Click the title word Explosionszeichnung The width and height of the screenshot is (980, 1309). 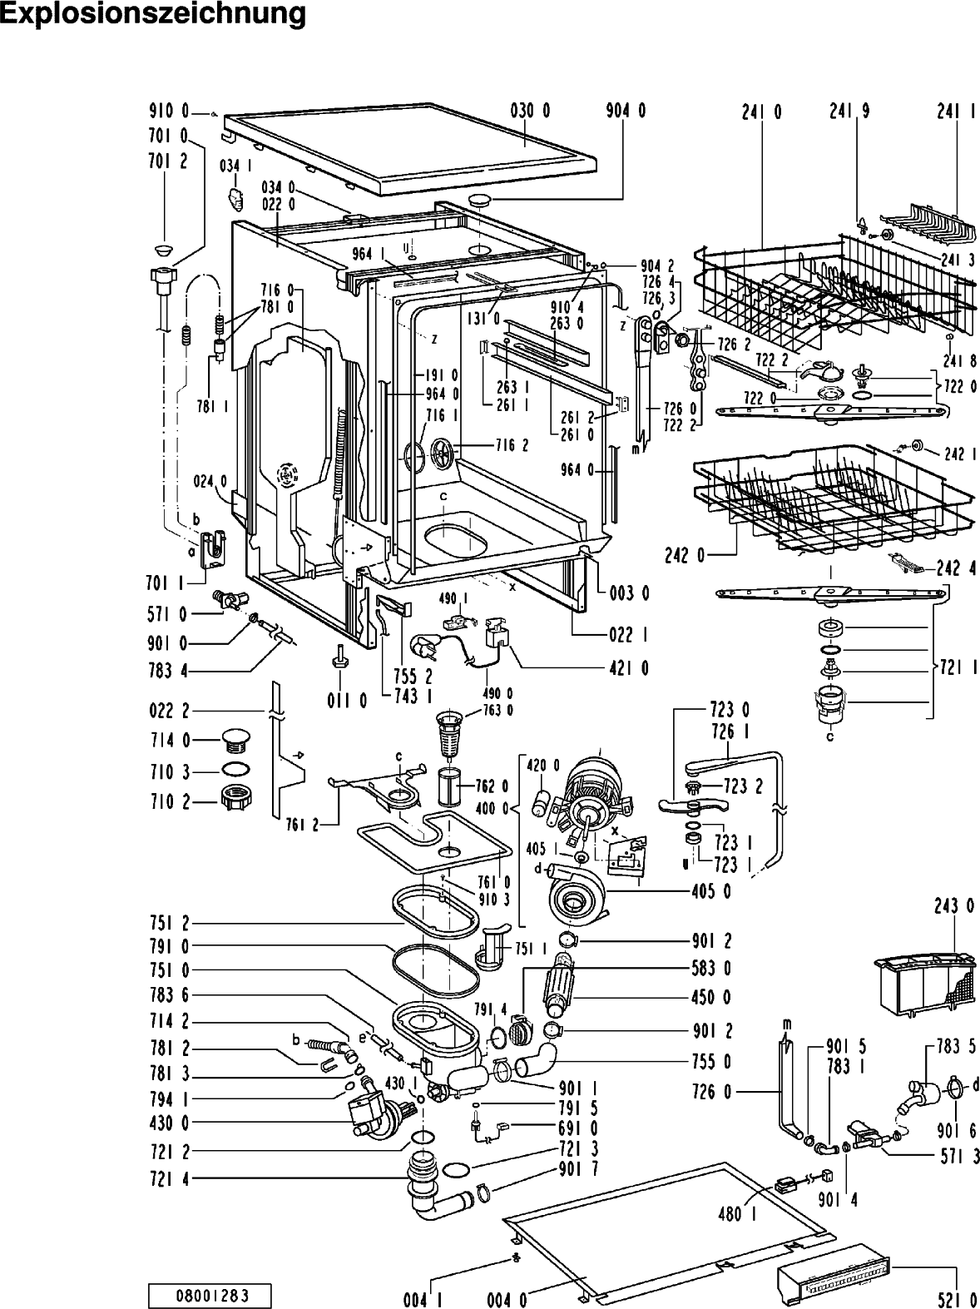pyautogui.click(x=153, y=15)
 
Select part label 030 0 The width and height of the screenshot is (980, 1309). pyautogui.click(x=530, y=111)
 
